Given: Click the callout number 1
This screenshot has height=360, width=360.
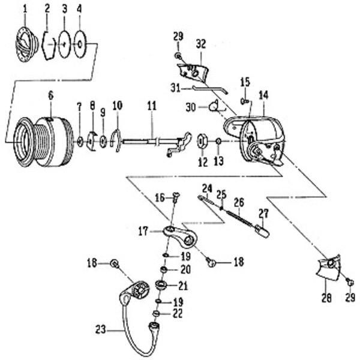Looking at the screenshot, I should click(x=25, y=8).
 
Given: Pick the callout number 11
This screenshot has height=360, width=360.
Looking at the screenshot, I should click(x=152, y=106).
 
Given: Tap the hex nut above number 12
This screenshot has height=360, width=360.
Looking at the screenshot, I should click(x=203, y=142).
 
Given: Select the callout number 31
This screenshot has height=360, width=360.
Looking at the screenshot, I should click(x=175, y=88).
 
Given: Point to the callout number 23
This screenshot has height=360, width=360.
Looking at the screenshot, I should click(x=100, y=328).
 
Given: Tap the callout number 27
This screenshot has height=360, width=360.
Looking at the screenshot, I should click(x=263, y=212).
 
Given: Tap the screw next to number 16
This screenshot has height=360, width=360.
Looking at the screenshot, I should click(x=176, y=195).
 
